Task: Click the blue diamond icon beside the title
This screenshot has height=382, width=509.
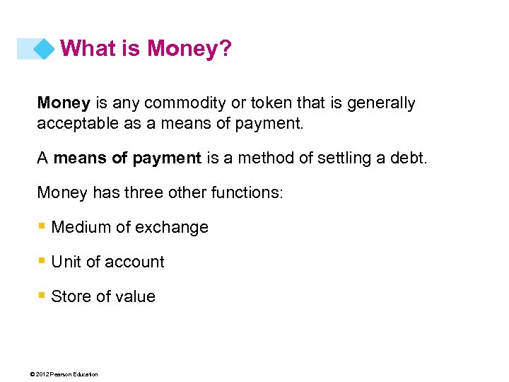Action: [44, 49]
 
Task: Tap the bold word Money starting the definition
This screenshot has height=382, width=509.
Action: [64, 103]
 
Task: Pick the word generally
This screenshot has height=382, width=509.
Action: [380, 103]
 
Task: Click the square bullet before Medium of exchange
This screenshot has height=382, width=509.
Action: [42, 227]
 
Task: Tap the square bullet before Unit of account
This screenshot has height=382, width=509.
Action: [42, 262]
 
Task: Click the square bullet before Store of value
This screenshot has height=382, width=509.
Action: [42, 296]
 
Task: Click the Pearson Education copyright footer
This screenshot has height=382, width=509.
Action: [60, 374]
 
